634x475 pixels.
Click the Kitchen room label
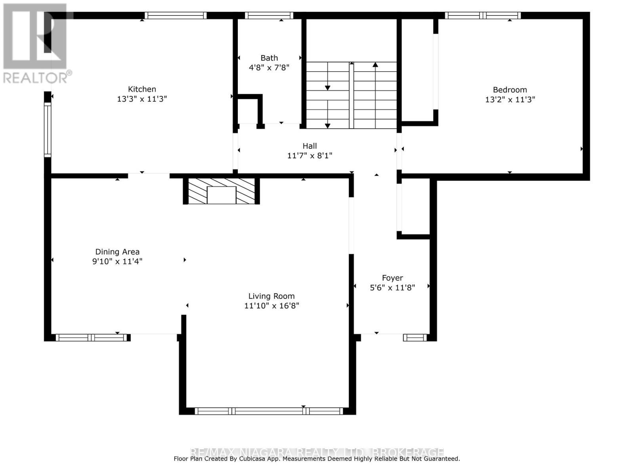pos(142,89)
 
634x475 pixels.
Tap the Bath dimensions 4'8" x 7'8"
pos(269,68)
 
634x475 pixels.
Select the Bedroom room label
pos(510,89)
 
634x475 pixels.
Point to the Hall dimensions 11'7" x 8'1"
pos(309,156)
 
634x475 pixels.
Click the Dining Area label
pos(117,252)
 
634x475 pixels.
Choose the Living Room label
pos(271,296)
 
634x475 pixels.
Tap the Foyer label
pos(392,278)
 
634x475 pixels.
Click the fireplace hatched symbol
pos(221,191)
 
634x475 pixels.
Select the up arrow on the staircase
pos(375,65)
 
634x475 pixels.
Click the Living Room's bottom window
pos(269,411)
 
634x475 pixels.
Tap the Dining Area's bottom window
pos(92,338)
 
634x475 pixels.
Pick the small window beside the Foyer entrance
pos(415,338)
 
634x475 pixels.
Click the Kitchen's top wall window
pos(176,15)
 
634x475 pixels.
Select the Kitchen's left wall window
pos(47,129)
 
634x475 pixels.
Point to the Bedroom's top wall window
pos(482,15)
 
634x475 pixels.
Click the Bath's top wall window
pos(269,15)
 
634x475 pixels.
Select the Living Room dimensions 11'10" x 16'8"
pos(271,306)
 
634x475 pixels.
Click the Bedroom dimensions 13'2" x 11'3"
pos(510,99)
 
